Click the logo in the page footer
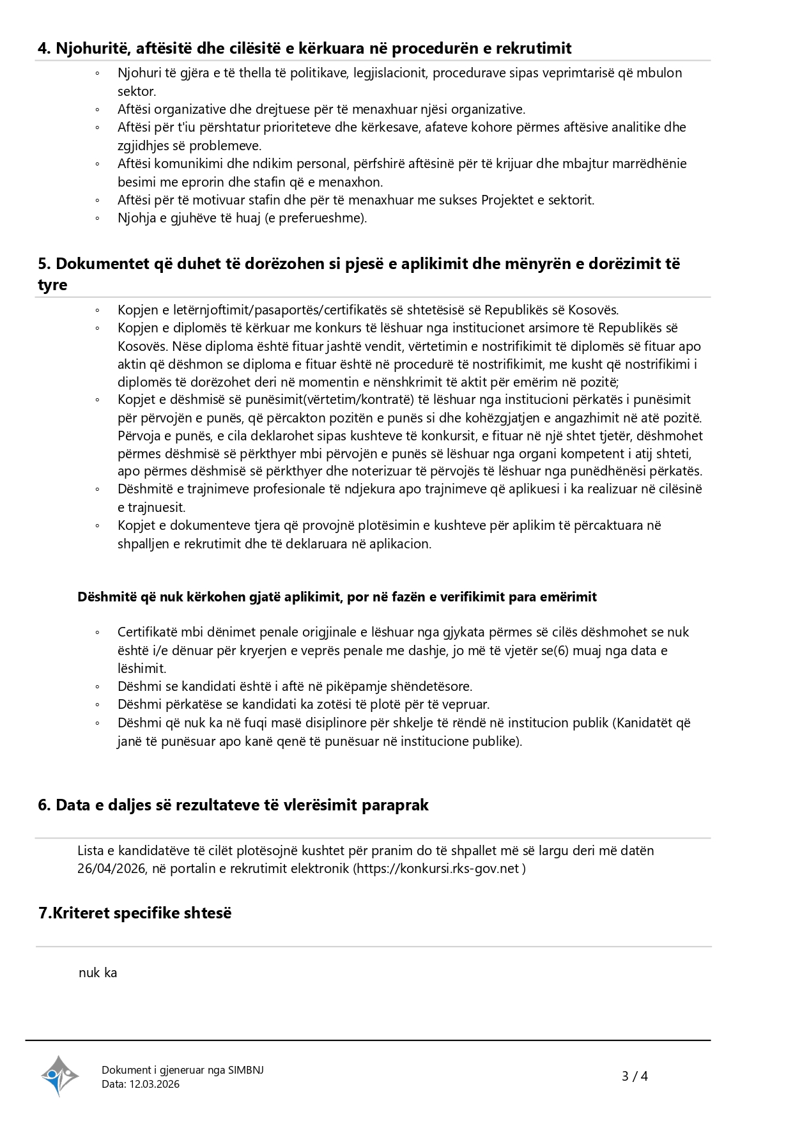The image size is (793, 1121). pos(59,1076)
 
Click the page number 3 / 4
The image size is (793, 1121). pos(635,1076)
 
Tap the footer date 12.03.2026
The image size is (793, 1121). pos(155,1084)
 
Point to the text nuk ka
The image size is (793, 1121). pos(98,973)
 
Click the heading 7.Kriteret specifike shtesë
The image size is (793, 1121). pos(135,913)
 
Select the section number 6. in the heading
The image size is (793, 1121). pos(44,805)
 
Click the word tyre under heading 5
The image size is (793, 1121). pos(52,285)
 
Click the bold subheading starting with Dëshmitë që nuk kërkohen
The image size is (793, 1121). pos(337,597)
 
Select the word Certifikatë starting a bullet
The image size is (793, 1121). pos(148,632)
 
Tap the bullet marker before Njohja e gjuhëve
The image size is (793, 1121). pos(97,219)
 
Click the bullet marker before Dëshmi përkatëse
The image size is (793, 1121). pos(97,705)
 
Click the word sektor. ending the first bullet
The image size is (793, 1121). pos(137,91)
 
